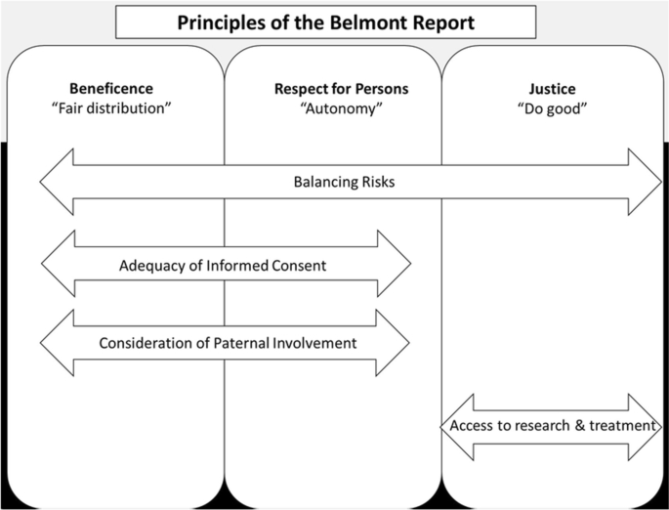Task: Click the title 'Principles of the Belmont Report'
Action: tap(325, 21)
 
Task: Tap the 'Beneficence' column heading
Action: tap(111, 89)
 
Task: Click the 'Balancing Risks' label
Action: tap(341, 183)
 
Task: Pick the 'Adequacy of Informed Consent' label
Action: tap(224, 265)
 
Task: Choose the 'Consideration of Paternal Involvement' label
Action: tap(228, 343)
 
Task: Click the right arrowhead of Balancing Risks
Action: tap(646, 182)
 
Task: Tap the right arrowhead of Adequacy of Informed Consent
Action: tap(395, 264)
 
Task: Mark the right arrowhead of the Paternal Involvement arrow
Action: tap(394, 342)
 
